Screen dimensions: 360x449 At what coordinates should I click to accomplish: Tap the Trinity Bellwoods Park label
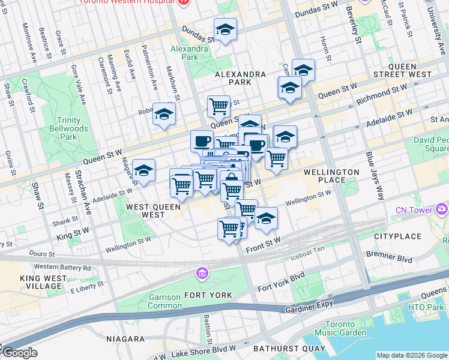tap(73, 128)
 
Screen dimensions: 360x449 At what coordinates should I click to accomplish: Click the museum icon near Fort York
tap(202, 274)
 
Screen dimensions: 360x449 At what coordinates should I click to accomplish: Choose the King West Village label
tap(43, 283)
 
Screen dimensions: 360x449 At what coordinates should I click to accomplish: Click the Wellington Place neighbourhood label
tap(331, 176)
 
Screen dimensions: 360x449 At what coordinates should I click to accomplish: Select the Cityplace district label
tap(396, 237)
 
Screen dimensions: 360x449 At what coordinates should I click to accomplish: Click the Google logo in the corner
tap(19, 353)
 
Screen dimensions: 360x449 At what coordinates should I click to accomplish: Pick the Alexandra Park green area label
tap(184, 53)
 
